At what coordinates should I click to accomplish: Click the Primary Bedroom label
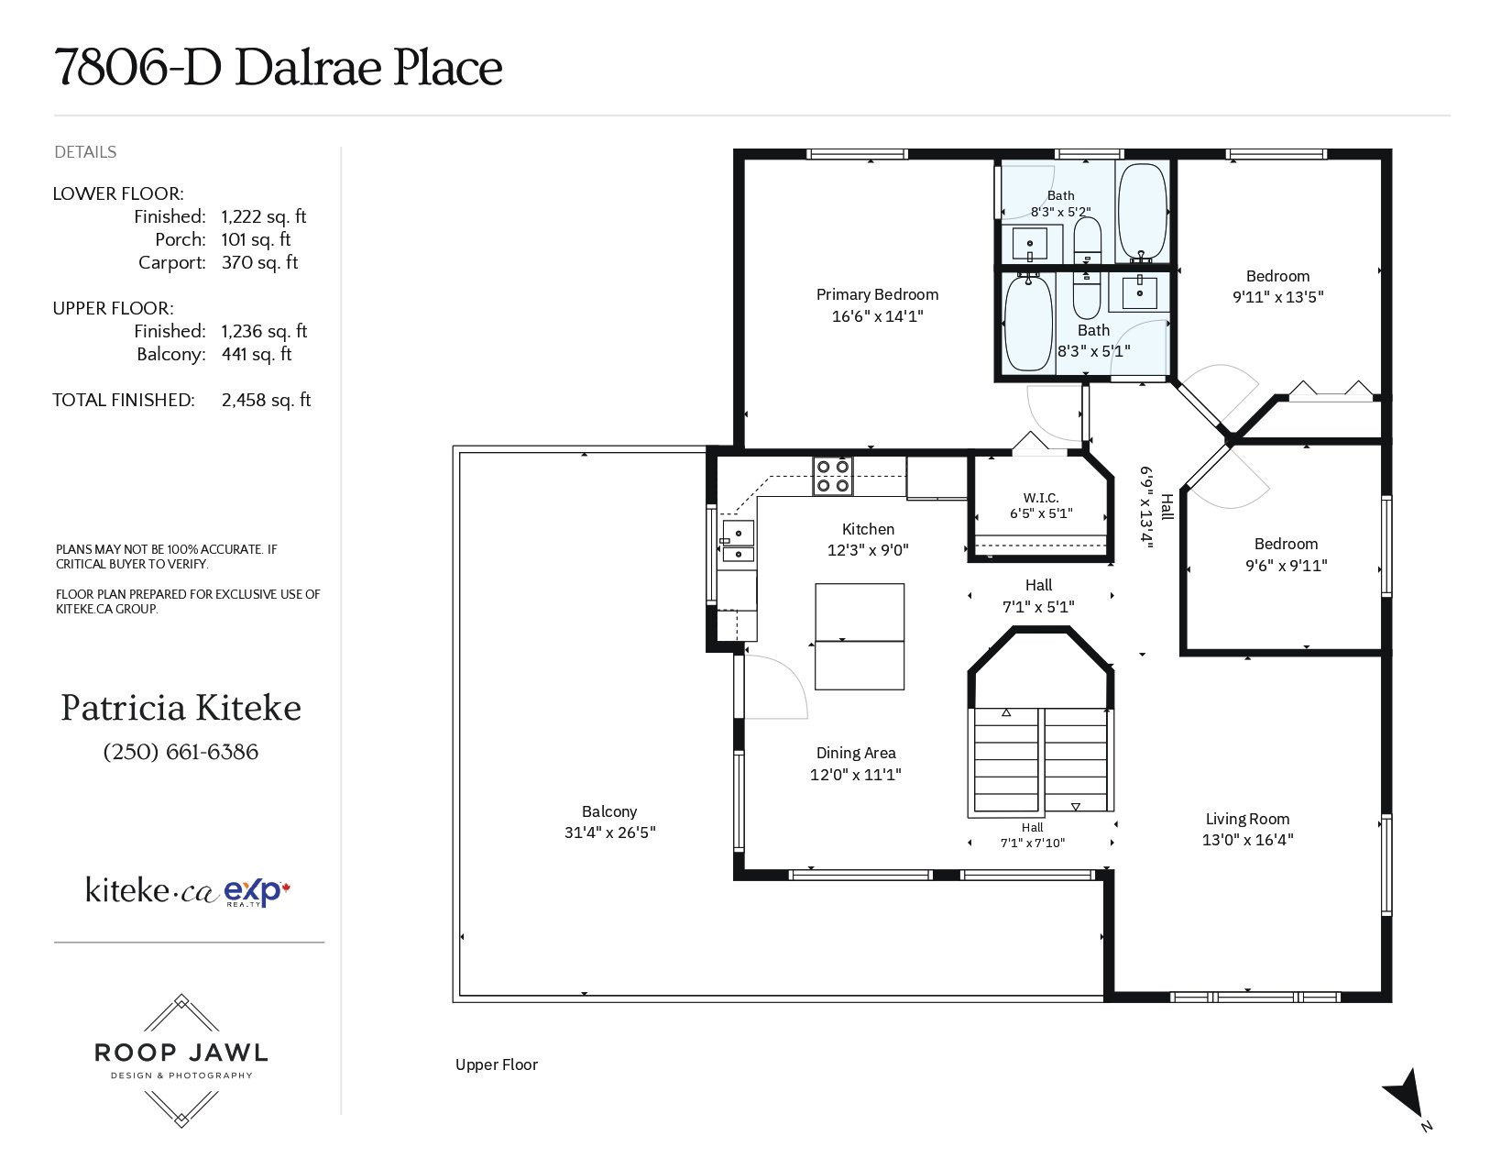pyautogui.click(x=877, y=294)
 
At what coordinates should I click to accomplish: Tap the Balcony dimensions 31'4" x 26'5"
pyautogui.click(x=609, y=832)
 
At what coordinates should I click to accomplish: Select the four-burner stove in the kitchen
pyautogui.click(x=832, y=476)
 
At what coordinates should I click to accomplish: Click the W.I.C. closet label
pyautogui.click(x=1041, y=498)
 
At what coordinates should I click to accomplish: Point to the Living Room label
pyautogui.click(x=1247, y=819)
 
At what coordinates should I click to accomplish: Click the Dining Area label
pyautogui.click(x=856, y=753)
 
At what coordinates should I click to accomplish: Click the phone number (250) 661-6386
pyautogui.click(x=181, y=752)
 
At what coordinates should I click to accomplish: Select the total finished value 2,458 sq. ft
pyautogui.click(x=266, y=401)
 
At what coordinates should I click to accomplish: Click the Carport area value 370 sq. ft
pyautogui.click(x=259, y=262)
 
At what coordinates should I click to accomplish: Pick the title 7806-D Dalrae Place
pyautogui.click(x=279, y=68)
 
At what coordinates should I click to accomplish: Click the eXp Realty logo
pyautogui.click(x=257, y=892)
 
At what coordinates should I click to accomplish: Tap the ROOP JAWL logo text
pyautogui.click(x=181, y=1053)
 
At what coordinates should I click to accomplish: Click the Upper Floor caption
pyautogui.click(x=496, y=1064)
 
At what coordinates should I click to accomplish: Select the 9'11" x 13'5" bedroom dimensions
pyautogui.click(x=1277, y=296)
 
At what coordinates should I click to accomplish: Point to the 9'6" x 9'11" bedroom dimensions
pyautogui.click(x=1286, y=566)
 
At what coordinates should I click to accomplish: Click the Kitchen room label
pyautogui.click(x=868, y=529)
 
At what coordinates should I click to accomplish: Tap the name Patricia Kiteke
pyautogui.click(x=181, y=708)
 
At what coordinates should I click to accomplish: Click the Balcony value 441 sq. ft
pyautogui.click(x=257, y=355)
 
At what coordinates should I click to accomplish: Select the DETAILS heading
pyautogui.click(x=85, y=152)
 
